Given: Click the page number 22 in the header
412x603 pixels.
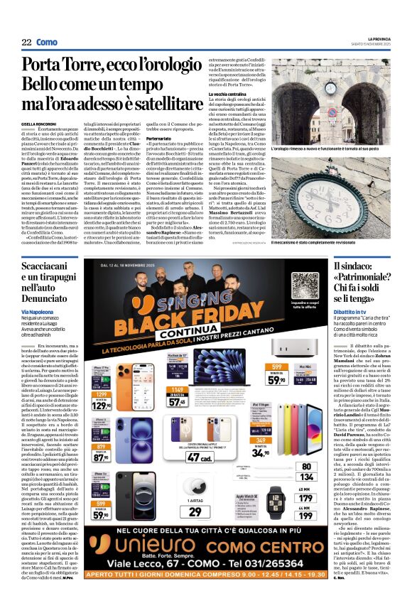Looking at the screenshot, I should pos(26,43).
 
